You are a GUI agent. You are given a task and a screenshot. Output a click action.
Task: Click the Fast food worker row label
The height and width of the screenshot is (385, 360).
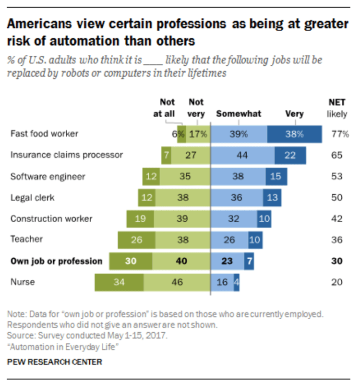point(44,134)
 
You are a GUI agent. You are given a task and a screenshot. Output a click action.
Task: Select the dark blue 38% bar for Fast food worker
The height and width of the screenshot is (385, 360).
point(294,134)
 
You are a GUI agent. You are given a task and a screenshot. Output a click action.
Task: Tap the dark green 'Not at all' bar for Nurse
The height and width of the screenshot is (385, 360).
point(119,282)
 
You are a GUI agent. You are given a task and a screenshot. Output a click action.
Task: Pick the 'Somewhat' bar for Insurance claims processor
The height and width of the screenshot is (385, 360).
point(242,155)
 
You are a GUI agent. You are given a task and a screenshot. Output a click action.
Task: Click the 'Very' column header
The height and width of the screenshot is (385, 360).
point(294,114)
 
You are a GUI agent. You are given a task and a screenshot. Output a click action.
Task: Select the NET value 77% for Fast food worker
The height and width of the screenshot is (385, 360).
point(339,134)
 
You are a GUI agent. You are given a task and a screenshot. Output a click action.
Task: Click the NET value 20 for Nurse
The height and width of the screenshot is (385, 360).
point(337,282)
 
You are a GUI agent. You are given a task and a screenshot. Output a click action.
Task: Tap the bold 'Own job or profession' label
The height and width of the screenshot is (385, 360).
point(56,261)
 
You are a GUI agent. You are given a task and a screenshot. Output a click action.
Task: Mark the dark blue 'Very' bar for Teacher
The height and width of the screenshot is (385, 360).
point(254,240)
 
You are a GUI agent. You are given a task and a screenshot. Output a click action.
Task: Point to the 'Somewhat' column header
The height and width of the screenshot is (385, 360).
point(239,114)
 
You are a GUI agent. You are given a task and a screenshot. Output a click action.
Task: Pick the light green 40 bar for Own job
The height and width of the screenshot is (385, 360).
point(181,261)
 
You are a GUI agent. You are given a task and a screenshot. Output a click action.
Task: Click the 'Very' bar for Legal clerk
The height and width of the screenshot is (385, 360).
point(272,197)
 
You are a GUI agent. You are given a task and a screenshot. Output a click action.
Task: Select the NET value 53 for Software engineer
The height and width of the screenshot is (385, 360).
point(337,177)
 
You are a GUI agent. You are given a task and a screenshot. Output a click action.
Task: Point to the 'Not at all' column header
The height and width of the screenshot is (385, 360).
point(168,108)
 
